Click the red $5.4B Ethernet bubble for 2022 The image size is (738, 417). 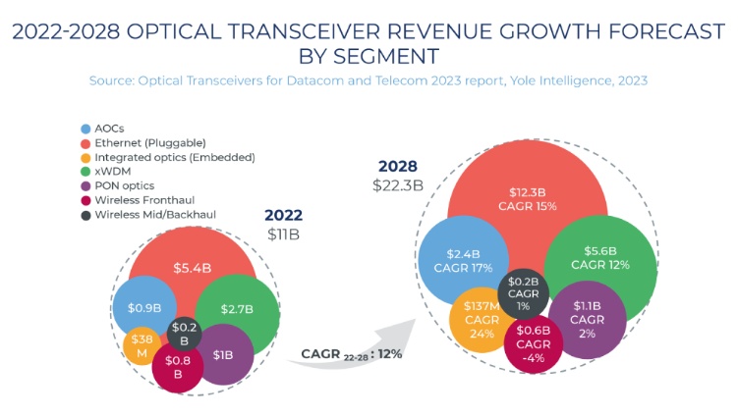pyautogui.click(x=194, y=266)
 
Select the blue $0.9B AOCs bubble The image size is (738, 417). pyautogui.click(x=144, y=308)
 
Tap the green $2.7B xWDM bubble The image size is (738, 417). pyautogui.click(x=237, y=309)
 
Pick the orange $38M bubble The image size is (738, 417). pyautogui.click(x=142, y=344)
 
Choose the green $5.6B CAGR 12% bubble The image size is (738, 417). pyautogui.click(x=599, y=258)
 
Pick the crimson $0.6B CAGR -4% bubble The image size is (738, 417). pyautogui.click(x=534, y=342)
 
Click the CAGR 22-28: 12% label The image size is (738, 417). pyautogui.click(x=351, y=353)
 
